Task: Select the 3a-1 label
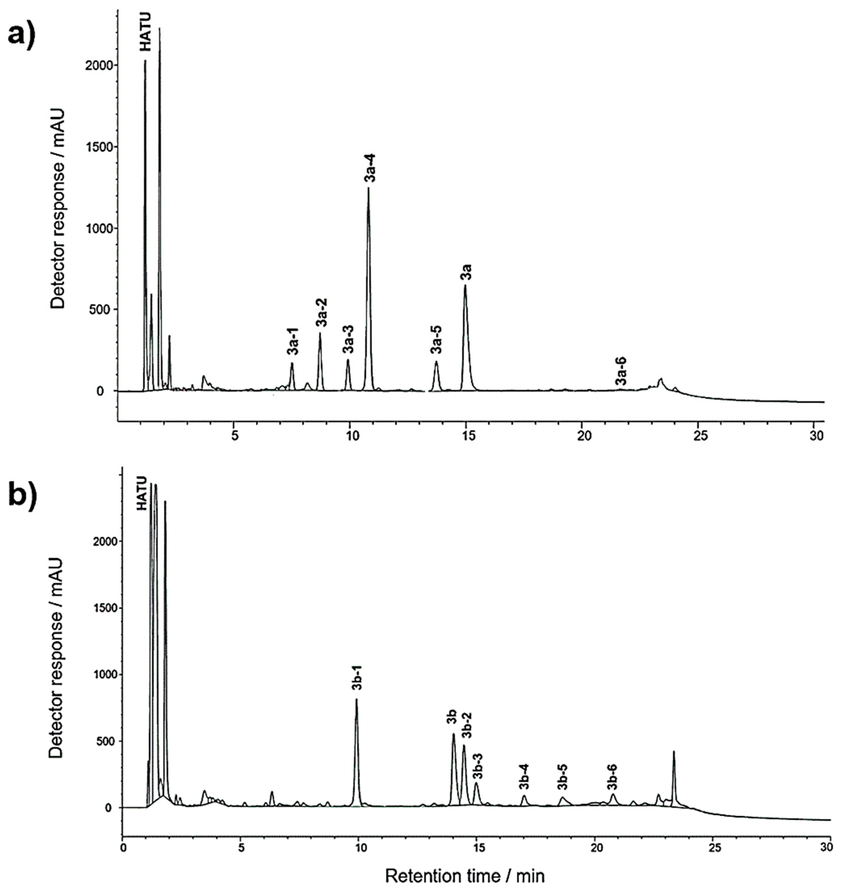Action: click(x=293, y=342)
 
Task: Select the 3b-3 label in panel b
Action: click(x=478, y=765)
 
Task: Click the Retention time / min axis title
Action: click(x=465, y=876)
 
